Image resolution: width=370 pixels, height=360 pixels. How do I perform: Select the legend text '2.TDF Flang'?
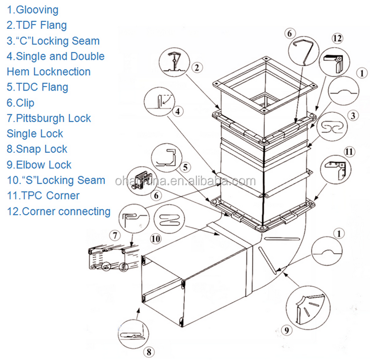36,25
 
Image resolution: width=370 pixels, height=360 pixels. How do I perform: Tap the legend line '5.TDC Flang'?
37,87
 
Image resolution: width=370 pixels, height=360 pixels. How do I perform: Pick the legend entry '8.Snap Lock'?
37,149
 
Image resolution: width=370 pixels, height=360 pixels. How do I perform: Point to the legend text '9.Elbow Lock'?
39,165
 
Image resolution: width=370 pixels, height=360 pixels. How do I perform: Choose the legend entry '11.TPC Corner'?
43,195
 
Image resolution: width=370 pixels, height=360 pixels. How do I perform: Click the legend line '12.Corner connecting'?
59,211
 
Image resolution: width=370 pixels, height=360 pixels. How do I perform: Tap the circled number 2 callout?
197,67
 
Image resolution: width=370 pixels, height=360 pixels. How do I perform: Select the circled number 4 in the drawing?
177,110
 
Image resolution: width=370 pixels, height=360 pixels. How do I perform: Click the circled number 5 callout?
186,167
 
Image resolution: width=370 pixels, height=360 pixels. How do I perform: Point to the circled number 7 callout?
116,235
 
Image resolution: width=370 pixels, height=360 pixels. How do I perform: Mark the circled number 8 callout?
150,350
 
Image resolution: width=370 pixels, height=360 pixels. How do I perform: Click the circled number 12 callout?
338,38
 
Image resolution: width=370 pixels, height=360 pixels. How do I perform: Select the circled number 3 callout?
354,115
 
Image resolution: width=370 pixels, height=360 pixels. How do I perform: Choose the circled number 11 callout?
349,151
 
